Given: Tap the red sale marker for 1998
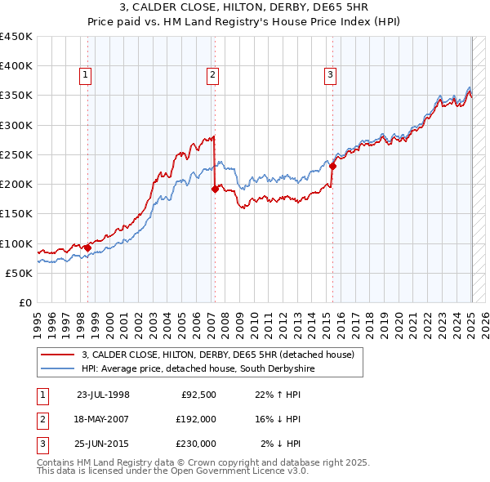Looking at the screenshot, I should point(87,248).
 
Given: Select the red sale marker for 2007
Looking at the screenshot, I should point(215,189).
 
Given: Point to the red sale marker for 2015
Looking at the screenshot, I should point(333,167).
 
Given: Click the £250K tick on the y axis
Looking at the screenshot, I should point(16,154).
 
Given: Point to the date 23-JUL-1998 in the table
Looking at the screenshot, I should point(103,395).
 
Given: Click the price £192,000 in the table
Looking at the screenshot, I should point(196,419).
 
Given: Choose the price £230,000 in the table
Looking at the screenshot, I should point(196,444).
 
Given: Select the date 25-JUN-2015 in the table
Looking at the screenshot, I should point(103,444).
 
